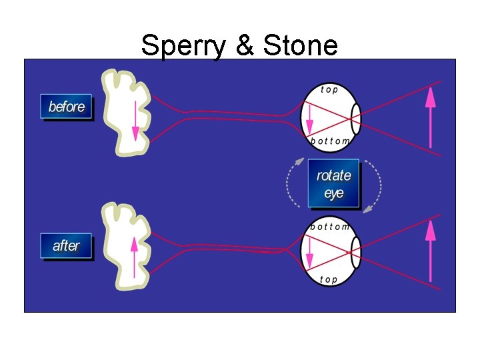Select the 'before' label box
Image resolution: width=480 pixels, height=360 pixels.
point(66,107)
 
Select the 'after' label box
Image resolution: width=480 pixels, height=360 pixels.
point(66,245)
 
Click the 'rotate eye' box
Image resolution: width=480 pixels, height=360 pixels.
point(333,184)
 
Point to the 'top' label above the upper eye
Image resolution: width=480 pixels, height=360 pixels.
point(329,89)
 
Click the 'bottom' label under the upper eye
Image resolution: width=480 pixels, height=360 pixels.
point(330,141)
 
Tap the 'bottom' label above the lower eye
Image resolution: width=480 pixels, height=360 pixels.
point(330,227)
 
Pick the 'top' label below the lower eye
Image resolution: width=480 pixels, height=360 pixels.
point(329,280)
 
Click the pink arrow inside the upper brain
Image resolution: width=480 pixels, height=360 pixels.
point(135,120)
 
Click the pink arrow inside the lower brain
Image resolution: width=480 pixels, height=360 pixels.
point(135,253)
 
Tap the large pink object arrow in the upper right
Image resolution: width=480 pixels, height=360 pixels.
point(431,117)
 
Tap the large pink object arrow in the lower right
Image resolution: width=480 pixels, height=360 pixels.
point(431,250)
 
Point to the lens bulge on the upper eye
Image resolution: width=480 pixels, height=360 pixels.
point(357,119)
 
